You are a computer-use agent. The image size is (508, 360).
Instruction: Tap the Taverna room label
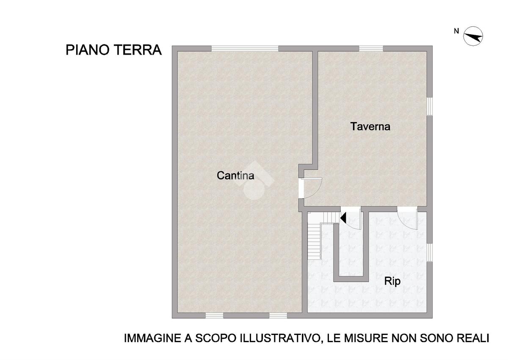[x=370, y=126]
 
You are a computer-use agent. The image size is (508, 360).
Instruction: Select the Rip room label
[x=392, y=282]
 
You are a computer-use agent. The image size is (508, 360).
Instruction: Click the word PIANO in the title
[x=88, y=50]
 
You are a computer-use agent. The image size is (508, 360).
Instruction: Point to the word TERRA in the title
[x=138, y=50]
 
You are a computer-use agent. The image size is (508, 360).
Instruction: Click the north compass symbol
[x=473, y=36]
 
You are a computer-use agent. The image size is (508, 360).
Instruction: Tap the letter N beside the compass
[x=456, y=31]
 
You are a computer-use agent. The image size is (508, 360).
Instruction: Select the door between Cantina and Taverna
[x=311, y=188]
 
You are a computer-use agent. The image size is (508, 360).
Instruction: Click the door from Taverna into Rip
[x=407, y=218]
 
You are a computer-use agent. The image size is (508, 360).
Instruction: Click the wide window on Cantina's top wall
[x=245, y=48]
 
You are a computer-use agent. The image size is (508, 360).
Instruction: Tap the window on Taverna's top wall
[x=371, y=48]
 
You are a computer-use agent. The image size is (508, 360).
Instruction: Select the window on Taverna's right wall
[x=430, y=106]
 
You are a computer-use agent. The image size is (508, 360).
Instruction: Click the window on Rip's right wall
[x=430, y=252]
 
